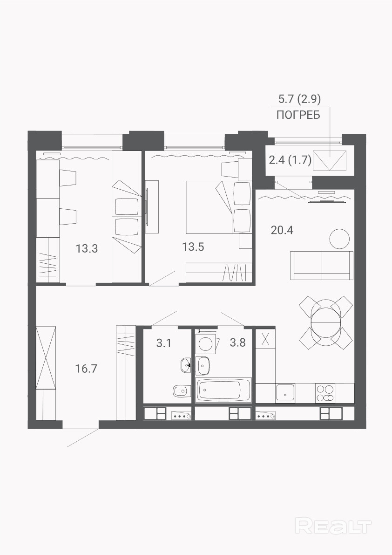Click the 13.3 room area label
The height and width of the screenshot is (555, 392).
pos(87,248)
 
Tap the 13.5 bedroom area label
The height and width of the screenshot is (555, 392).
pos(193,247)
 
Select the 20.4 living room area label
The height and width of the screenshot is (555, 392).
pos(282,230)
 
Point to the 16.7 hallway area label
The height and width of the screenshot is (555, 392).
pos(86,369)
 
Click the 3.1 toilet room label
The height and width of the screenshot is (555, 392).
pos(164,343)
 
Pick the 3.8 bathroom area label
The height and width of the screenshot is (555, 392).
pos(237,343)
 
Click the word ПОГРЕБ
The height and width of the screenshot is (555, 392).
pos(298,115)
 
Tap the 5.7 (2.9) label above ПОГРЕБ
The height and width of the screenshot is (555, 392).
pos(299,99)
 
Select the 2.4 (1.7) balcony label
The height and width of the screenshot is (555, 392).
pos(290,161)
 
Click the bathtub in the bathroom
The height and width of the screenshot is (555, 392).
pos(224,390)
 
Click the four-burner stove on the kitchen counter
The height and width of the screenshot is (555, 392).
pos(325,393)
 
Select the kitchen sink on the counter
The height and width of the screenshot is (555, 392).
pos(285,393)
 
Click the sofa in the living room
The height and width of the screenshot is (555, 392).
pos(322,266)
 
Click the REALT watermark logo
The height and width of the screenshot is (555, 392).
pos(333,526)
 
